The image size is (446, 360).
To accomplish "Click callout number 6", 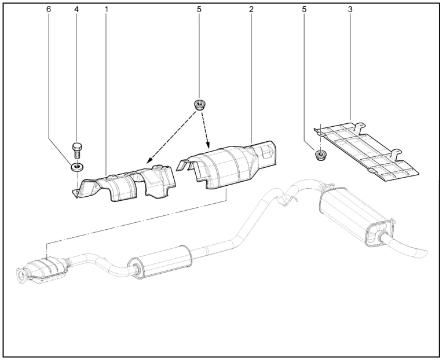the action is [x=49, y=9].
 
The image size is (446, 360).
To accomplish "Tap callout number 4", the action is [x=76, y=9].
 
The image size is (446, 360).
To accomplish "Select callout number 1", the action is [x=107, y=9].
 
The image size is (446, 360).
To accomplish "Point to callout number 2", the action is [x=251, y=9].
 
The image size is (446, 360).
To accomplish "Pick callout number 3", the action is [x=350, y=9].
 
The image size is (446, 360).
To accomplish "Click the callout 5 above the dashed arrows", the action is [x=199, y=9].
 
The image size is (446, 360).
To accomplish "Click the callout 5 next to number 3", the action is [x=304, y=9].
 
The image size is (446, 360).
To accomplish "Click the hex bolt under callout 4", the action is [x=76, y=151].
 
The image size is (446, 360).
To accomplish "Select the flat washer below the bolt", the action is [x=77, y=167].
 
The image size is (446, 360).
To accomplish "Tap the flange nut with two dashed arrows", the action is [x=199, y=105].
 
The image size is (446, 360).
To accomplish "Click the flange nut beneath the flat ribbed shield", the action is [x=320, y=155].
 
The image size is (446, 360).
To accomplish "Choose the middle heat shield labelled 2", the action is [x=228, y=165].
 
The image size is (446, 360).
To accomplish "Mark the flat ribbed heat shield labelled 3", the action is [x=367, y=152].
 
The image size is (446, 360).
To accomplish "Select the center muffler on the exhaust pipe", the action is [x=159, y=262].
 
